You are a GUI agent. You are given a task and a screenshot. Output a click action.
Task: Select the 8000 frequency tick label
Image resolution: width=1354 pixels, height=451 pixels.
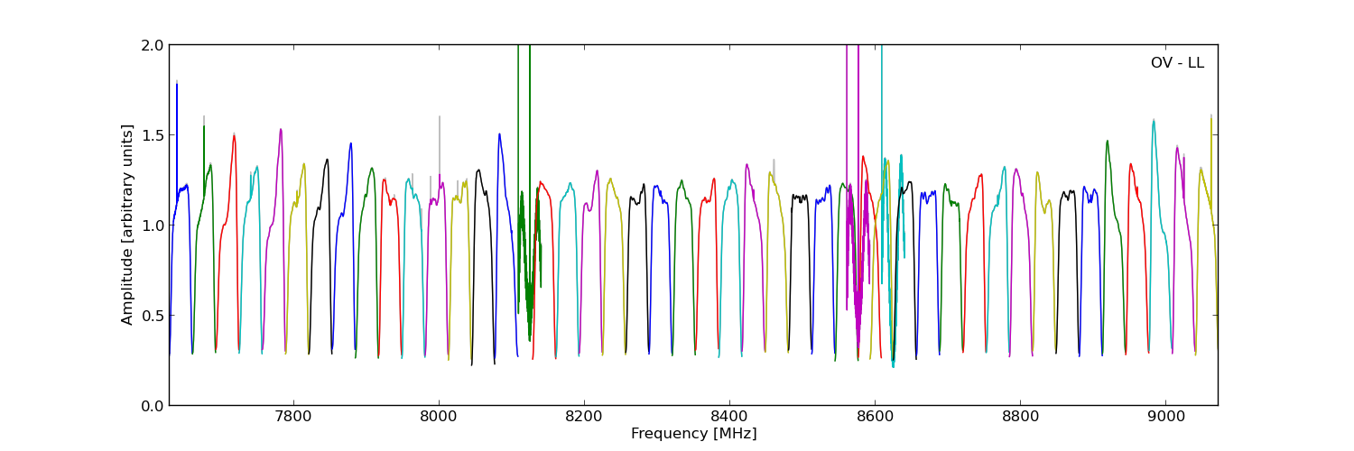click(x=438, y=418)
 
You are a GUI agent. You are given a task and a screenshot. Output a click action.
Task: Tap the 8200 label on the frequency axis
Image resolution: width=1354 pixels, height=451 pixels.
click(x=584, y=418)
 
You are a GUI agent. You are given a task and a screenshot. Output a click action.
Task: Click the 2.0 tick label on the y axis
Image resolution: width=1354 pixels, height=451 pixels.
click(x=153, y=45)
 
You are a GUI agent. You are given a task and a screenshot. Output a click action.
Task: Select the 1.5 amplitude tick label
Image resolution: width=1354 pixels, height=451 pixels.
click(x=153, y=135)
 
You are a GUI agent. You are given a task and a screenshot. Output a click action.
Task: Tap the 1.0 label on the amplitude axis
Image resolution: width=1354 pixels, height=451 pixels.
click(x=153, y=225)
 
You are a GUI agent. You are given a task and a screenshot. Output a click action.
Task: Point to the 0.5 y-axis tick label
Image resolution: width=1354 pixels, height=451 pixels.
click(x=153, y=316)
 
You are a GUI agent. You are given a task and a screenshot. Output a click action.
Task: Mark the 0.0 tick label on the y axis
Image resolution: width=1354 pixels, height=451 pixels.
click(x=153, y=406)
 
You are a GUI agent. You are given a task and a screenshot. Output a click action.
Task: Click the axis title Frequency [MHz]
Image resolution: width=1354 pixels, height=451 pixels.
click(x=693, y=434)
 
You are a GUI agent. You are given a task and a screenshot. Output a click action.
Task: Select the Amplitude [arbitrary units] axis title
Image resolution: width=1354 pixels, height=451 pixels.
click(x=128, y=225)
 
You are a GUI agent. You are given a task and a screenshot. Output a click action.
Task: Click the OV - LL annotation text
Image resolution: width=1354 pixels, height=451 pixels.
click(x=1177, y=63)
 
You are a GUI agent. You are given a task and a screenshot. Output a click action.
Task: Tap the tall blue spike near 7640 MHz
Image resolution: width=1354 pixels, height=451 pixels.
click(x=177, y=86)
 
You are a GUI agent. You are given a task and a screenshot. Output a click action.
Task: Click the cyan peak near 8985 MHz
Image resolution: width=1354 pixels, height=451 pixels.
click(x=1154, y=121)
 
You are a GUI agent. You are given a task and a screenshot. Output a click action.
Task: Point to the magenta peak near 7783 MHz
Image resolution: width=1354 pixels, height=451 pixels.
click(x=281, y=130)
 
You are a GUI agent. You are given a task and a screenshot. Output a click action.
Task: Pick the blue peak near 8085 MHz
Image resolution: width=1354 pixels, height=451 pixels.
click(x=499, y=134)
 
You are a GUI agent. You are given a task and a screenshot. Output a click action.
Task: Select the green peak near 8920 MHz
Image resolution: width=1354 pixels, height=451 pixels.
click(x=1108, y=142)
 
